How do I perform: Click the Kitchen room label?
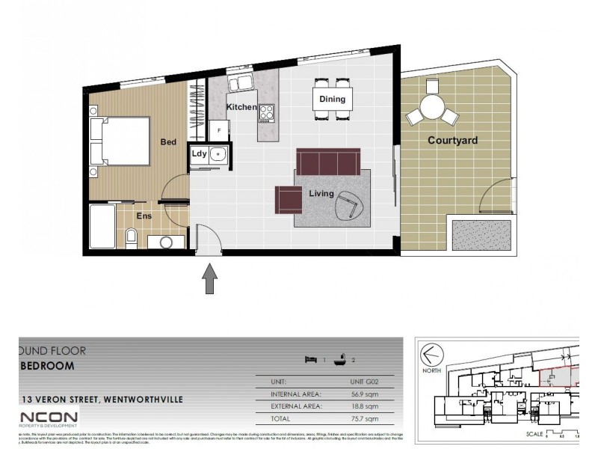pyautogui.click(x=241, y=107)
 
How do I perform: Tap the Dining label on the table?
pyautogui.click(x=332, y=99)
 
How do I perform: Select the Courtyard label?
pyautogui.click(x=452, y=140)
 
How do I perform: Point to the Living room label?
pyautogui.click(x=321, y=194)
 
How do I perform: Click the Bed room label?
pyautogui.click(x=168, y=141)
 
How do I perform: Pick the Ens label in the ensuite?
pyautogui.click(x=144, y=216)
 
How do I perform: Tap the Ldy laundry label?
pyautogui.click(x=199, y=154)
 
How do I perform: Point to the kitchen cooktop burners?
pyautogui.click(x=267, y=112)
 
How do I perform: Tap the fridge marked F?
pyautogui.click(x=219, y=130)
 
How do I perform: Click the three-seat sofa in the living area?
pyautogui.click(x=328, y=161)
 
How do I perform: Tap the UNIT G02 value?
pyautogui.click(x=364, y=382)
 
